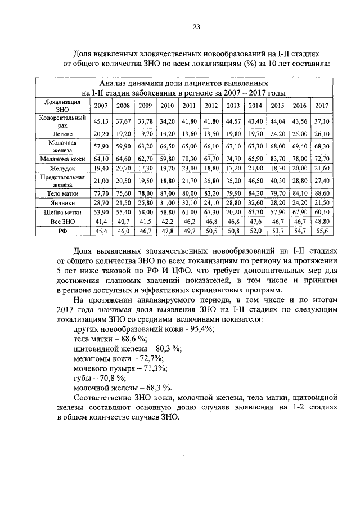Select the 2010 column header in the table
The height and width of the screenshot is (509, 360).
tap(167, 106)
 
